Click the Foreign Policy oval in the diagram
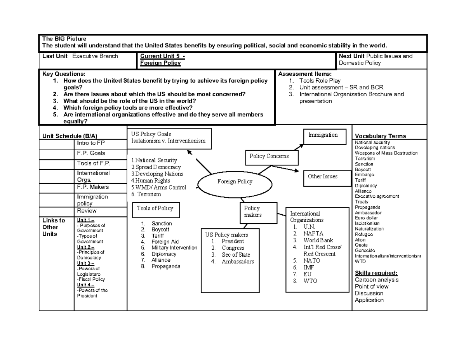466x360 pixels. [234, 182]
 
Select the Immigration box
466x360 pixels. [323, 136]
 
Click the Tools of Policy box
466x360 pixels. [155, 208]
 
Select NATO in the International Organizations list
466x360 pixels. [312, 261]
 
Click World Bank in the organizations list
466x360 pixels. [318, 240]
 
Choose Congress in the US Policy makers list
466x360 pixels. [233, 248]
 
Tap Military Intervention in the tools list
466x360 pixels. [174, 248]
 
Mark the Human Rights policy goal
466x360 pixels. [151, 181]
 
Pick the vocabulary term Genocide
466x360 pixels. [365, 250]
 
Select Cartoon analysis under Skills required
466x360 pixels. [377, 280]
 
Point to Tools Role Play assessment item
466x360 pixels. [320, 81]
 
